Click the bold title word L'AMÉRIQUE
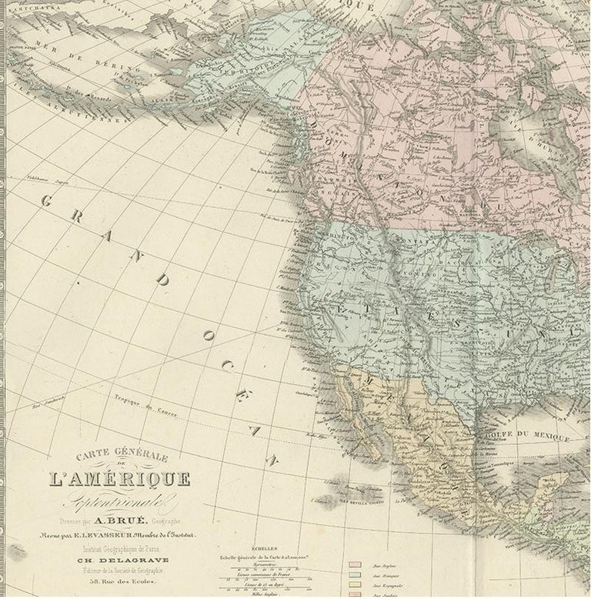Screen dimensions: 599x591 pyautogui.click(x=119, y=480)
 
